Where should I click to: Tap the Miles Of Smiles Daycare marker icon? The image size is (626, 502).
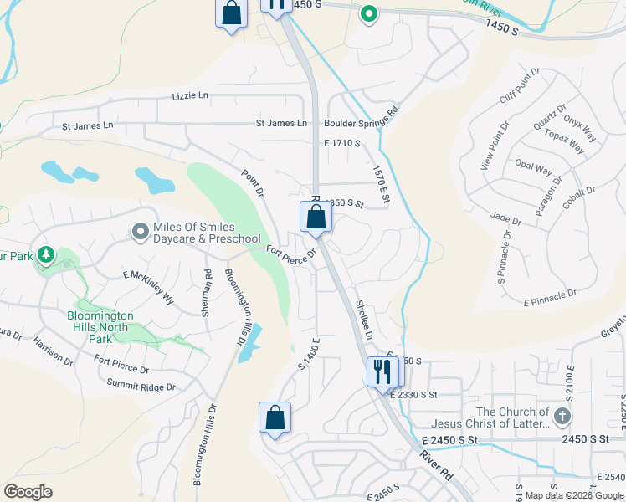(x=140, y=229)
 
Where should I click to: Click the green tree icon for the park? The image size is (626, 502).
(x=46, y=254)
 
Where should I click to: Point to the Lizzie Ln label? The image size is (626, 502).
(x=190, y=96)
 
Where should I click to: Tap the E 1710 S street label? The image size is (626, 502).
(x=341, y=144)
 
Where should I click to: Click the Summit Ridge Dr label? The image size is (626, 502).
(x=141, y=387)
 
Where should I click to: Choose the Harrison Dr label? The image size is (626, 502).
(x=53, y=351)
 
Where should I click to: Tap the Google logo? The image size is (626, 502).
(x=28, y=491)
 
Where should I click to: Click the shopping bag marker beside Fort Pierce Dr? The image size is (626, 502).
(x=316, y=217)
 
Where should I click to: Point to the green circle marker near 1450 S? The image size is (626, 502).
(x=368, y=13)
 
